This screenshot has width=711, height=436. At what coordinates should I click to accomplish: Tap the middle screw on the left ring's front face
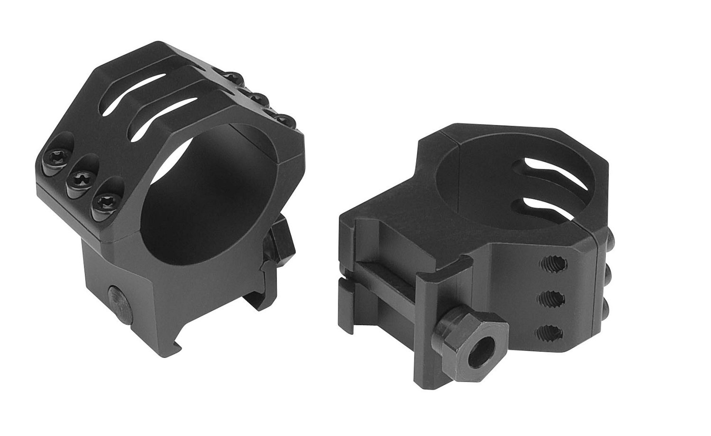coord(77,178)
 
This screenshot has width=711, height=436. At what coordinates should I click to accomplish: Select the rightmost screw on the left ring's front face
coord(103,202)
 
